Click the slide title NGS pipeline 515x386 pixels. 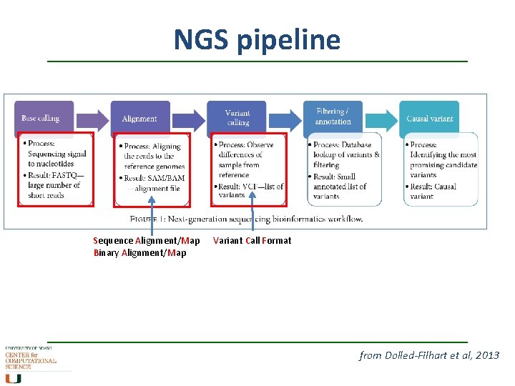tap(257, 40)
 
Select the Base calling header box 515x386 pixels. tap(44, 118)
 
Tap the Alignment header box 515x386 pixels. tap(139, 118)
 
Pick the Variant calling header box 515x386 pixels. tap(237, 118)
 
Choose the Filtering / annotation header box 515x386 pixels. tap(333, 117)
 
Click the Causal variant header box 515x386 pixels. tap(429, 118)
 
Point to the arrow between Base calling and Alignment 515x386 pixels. tap(92, 117)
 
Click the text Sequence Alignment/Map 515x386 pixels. tap(147, 240)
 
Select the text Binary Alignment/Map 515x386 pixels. tap(139, 252)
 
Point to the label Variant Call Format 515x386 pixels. tap(252, 240)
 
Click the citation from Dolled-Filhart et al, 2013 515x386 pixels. tap(429, 355)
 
